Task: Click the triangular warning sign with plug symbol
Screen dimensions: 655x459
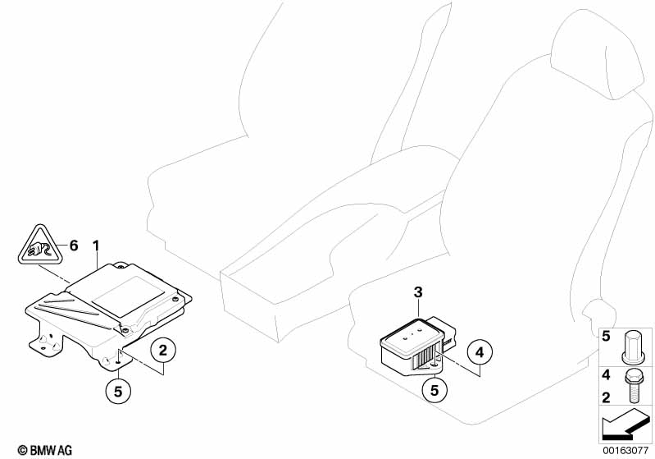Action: point(40,246)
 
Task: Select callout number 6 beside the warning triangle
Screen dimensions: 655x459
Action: point(74,246)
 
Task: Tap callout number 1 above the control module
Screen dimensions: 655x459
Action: point(97,246)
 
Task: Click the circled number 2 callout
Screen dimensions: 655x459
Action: point(162,350)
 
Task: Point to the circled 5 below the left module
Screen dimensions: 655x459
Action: point(118,392)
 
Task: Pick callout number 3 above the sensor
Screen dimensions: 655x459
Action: point(418,292)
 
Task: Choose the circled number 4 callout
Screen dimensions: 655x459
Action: point(480,352)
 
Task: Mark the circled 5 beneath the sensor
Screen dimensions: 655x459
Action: point(434,390)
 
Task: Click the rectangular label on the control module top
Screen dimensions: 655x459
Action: point(128,294)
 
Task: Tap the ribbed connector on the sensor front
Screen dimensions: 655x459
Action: point(424,358)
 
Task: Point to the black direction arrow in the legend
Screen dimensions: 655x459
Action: point(625,425)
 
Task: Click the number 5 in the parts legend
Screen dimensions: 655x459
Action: point(606,336)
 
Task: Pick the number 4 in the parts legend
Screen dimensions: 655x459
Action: point(606,375)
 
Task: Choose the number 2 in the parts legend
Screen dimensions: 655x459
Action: point(606,397)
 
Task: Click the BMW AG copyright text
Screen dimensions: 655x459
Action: point(45,450)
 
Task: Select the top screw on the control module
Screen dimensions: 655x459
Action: point(121,266)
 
